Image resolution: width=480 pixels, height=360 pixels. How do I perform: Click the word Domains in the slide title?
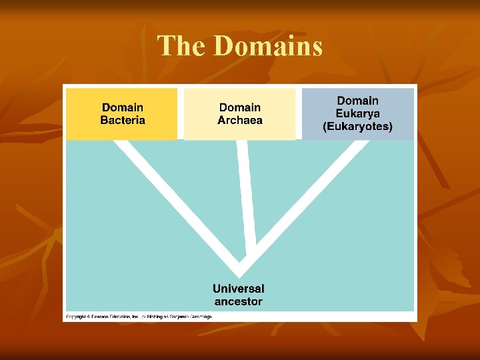point(269,46)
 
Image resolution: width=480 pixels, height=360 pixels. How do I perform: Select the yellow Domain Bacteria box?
point(122,113)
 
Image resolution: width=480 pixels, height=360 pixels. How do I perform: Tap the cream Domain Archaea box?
point(239,114)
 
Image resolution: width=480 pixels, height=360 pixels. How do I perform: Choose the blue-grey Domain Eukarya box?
point(358,113)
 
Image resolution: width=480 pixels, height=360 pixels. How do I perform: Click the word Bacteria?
point(123,121)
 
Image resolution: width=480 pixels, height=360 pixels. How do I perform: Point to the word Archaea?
point(240,121)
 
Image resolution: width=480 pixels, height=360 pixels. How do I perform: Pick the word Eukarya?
point(357,113)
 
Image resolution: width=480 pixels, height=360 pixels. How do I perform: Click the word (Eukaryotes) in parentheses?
point(357,126)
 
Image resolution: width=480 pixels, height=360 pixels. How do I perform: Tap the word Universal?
point(238,289)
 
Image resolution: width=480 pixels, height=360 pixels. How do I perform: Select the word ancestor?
point(238,301)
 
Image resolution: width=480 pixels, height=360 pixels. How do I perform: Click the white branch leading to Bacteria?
point(173,200)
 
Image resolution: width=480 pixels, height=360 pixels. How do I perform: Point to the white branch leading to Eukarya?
point(307,200)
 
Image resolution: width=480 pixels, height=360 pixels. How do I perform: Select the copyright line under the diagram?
point(139,317)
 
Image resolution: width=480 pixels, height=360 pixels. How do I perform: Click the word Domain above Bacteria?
point(123,107)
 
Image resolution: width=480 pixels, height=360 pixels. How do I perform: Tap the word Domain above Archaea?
point(240,107)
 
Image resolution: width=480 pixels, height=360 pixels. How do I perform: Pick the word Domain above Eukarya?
point(357,101)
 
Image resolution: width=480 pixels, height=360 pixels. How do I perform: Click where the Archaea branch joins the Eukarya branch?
point(250,257)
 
